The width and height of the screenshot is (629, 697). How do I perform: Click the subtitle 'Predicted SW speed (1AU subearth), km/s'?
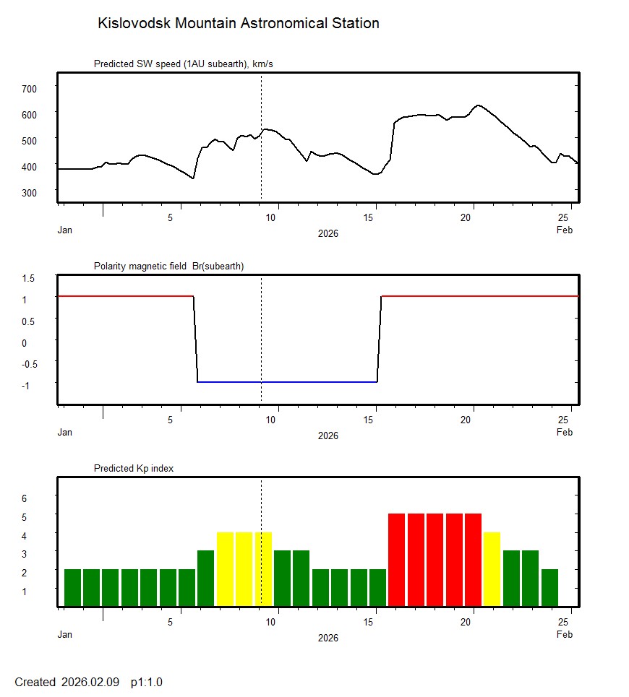click(x=183, y=64)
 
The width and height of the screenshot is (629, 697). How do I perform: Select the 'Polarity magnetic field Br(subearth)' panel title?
click(x=168, y=267)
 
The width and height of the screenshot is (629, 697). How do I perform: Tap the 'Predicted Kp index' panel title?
click(x=134, y=469)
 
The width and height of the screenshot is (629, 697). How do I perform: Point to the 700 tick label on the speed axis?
click(x=28, y=88)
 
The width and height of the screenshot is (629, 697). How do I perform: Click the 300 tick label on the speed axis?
click(x=28, y=192)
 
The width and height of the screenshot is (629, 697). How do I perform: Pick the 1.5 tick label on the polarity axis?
click(x=29, y=278)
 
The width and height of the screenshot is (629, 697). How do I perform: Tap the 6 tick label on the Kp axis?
click(x=24, y=498)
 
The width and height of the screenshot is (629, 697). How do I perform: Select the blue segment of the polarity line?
click(x=289, y=381)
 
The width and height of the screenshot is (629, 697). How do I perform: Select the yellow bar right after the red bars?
click(x=492, y=569)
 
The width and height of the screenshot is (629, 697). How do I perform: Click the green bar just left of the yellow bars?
click(x=205, y=578)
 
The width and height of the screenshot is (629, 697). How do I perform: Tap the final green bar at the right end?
click(x=549, y=587)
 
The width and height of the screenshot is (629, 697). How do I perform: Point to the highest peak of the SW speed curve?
click(x=477, y=105)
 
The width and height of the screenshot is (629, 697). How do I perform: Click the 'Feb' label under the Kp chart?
click(x=565, y=635)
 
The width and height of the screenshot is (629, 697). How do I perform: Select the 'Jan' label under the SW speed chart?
click(x=65, y=230)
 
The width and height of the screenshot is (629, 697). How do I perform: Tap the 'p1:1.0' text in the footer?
click(x=147, y=682)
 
